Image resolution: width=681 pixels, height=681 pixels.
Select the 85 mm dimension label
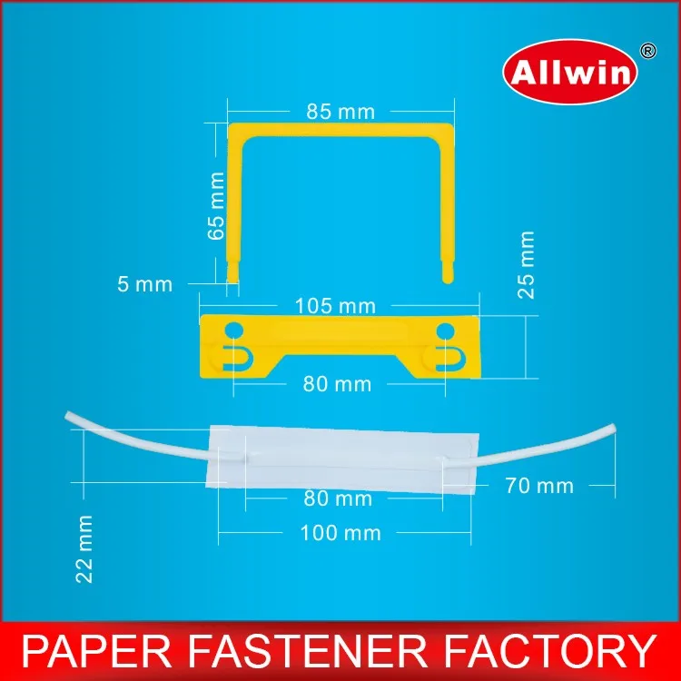click(x=334, y=113)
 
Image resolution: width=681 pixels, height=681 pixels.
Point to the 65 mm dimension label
click(x=216, y=206)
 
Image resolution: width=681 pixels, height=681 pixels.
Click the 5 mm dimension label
click(x=144, y=283)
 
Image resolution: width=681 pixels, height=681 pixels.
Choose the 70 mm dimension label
click(x=539, y=486)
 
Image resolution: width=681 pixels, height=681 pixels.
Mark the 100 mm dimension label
click(x=340, y=532)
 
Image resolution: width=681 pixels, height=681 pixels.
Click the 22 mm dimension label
click(x=85, y=548)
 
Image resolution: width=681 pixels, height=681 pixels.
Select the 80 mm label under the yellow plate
click(x=338, y=384)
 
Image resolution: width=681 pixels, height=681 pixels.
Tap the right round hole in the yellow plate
click(x=444, y=329)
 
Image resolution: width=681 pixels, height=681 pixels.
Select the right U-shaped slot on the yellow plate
click(x=442, y=357)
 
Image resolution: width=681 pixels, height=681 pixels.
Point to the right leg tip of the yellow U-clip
click(x=447, y=274)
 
